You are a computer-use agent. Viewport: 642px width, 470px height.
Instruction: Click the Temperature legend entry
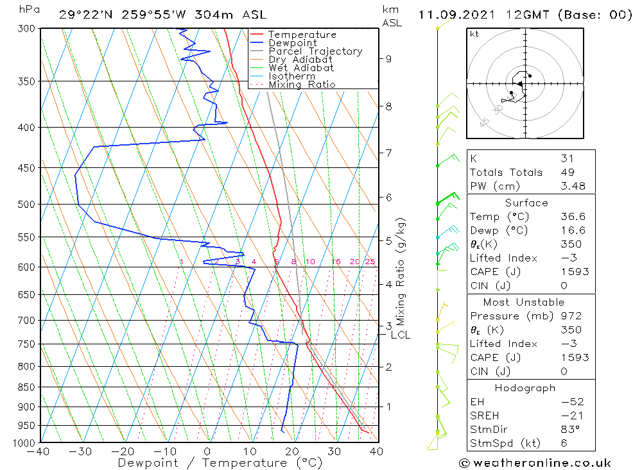(302, 35)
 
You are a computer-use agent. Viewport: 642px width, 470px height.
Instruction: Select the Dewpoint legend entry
(292, 43)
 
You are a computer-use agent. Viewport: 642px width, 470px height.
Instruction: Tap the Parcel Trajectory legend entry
(315, 51)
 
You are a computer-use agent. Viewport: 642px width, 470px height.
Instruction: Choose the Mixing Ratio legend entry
(302, 85)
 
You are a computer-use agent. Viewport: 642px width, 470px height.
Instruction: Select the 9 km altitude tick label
(388, 59)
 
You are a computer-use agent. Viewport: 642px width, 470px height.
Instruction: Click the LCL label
(401, 335)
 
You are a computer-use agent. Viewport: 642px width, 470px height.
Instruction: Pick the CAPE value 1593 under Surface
(574, 271)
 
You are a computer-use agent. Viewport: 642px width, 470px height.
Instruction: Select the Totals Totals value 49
(567, 172)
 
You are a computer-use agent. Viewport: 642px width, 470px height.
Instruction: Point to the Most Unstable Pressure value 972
(571, 316)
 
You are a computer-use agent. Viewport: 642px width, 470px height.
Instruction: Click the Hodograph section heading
(525, 388)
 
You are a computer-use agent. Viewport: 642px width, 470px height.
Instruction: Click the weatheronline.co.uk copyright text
(535, 463)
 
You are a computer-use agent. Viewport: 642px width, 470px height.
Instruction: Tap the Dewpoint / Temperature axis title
(211, 462)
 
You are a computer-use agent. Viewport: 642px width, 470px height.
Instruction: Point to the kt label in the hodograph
(474, 34)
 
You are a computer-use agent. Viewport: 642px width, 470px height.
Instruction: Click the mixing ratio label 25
(370, 262)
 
